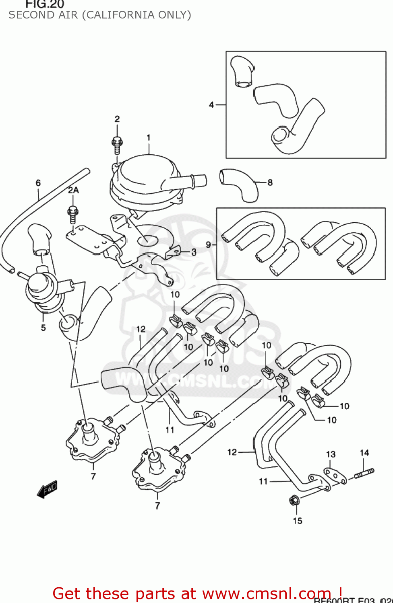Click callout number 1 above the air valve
coord(149,137)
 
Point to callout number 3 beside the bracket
coord(194,252)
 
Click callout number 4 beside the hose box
coord(211,105)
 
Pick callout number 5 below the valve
coord(43,328)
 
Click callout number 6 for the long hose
coord(38,183)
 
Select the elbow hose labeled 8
coord(238,184)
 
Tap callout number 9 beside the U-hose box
coord(208,244)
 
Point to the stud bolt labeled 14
coord(364,473)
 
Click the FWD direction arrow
coord(47,489)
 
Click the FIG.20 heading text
coord(45,4)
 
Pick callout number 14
coord(364,453)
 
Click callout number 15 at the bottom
coord(297,521)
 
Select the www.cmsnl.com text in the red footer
coord(266,593)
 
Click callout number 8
coord(270,183)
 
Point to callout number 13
coord(331,454)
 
